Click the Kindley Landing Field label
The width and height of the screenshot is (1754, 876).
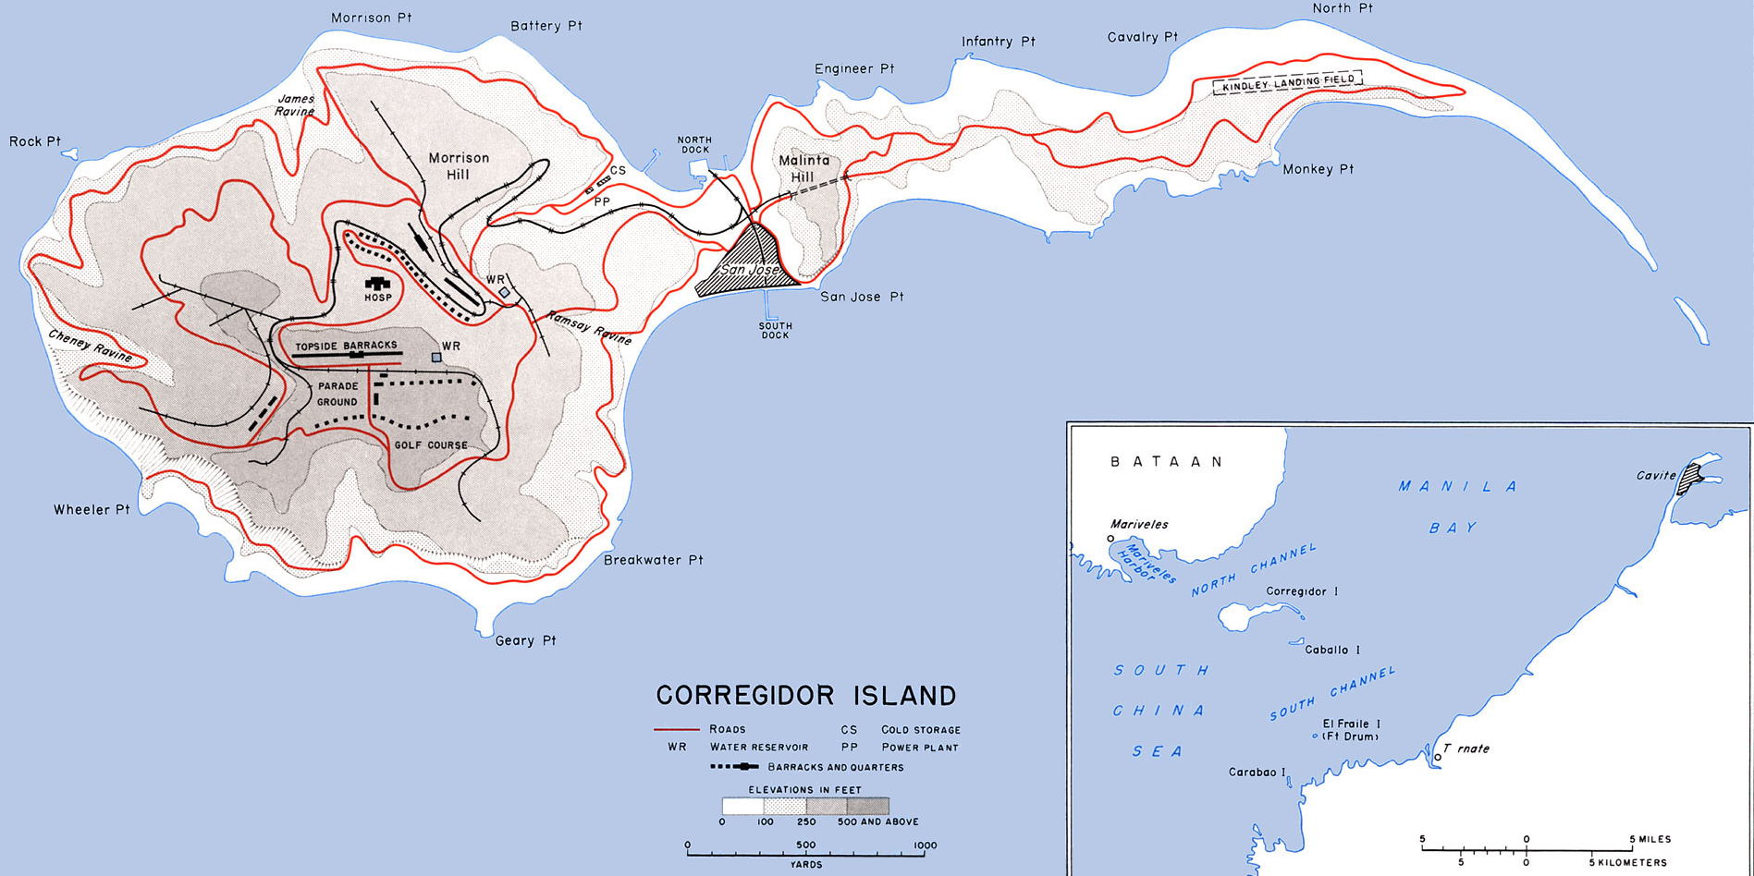pos(1287,83)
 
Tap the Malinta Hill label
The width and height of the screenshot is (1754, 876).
pos(803,168)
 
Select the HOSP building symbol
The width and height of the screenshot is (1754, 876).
pos(377,284)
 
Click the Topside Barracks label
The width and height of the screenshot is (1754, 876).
pos(346,346)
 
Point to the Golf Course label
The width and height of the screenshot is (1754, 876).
pos(431,445)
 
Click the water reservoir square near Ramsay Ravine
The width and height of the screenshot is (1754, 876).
pos(504,292)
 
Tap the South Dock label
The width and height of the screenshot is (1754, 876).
pos(775,330)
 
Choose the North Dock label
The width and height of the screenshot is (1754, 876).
pos(694,145)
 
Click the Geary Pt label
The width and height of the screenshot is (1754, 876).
pos(525,640)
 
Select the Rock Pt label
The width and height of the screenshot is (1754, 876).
pos(35,141)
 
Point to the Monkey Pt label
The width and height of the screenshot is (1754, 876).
pos(1318,169)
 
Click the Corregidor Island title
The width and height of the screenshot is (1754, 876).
pos(806,695)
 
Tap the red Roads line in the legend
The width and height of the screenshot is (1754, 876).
pos(676,729)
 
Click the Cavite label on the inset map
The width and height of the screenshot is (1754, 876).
pos(1656,476)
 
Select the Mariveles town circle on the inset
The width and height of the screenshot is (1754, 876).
pos(1110,539)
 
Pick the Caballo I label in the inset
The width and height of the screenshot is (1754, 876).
pos(1332,650)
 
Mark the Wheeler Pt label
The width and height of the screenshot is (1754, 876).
pos(92,509)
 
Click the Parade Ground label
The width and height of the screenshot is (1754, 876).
pos(337,394)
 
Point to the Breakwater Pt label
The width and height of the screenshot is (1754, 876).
pos(654,560)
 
